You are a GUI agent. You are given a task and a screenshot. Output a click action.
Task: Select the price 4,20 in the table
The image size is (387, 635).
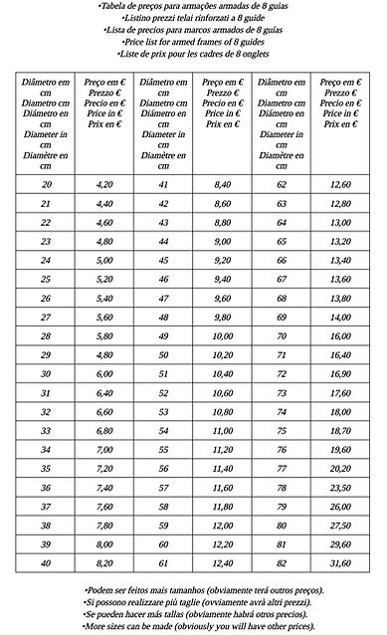[x=104, y=184]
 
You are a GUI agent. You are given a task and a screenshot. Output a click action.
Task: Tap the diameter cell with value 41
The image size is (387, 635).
[x=163, y=184]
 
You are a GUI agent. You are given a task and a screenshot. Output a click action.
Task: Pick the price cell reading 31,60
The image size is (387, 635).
[x=340, y=563]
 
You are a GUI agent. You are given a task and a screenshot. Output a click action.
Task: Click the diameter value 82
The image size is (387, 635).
[x=282, y=563]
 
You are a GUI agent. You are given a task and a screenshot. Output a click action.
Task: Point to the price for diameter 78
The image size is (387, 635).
[x=340, y=488]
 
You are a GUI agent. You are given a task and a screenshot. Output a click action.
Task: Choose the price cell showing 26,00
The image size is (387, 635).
[x=340, y=507]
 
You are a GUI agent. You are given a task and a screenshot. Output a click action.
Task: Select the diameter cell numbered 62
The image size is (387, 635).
[x=282, y=184]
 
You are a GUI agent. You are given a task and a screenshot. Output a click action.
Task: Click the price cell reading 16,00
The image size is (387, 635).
[x=340, y=335]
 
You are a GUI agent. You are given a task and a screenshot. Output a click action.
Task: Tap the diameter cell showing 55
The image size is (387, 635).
[x=163, y=450]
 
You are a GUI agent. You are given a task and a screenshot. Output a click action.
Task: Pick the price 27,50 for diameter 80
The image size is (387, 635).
[x=340, y=526]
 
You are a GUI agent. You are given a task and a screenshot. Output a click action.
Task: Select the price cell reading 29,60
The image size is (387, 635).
[x=340, y=544]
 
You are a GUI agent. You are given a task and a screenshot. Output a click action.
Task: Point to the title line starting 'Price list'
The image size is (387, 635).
[x=193, y=42]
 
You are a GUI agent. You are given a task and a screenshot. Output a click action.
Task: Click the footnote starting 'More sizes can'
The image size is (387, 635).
[x=194, y=627]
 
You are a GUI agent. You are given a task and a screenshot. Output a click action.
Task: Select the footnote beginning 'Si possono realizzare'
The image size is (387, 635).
[x=194, y=603]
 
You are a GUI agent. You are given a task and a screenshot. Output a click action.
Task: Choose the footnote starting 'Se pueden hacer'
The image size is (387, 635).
[x=194, y=615]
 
